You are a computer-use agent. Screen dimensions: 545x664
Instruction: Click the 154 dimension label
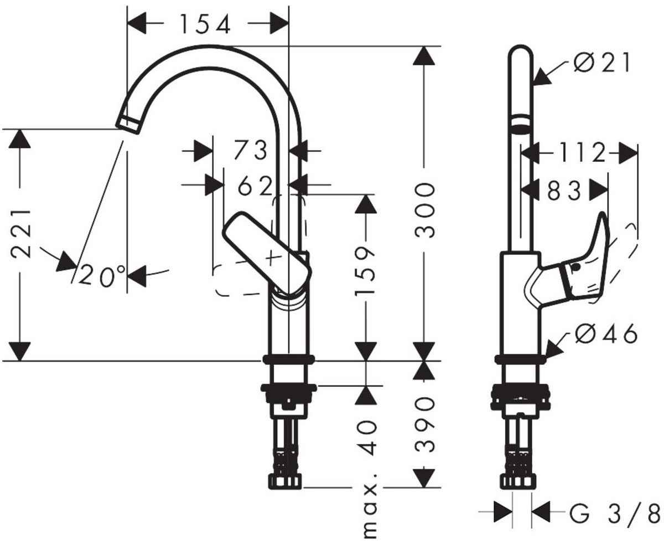pyautogui.click(x=204, y=24)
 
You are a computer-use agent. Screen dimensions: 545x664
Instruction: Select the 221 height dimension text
pyautogui.click(x=22, y=234)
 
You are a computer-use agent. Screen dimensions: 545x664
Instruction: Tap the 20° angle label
pyautogui.click(x=102, y=275)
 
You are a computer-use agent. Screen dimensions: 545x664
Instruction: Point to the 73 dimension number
pyautogui.click(x=250, y=150)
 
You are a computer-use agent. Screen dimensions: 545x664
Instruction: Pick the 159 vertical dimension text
pyautogui.click(x=365, y=271)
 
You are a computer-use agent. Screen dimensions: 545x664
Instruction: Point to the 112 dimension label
pyautogui.click(x=579, y=153)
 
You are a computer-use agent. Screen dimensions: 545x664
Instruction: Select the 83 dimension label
pyautogui.click(x=564, y=192)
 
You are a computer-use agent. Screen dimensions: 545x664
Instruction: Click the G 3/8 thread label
pyautogui.click(x=614, y=512)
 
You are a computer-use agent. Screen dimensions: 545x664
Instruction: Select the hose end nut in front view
pyautogui.click(x=286, y=480)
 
